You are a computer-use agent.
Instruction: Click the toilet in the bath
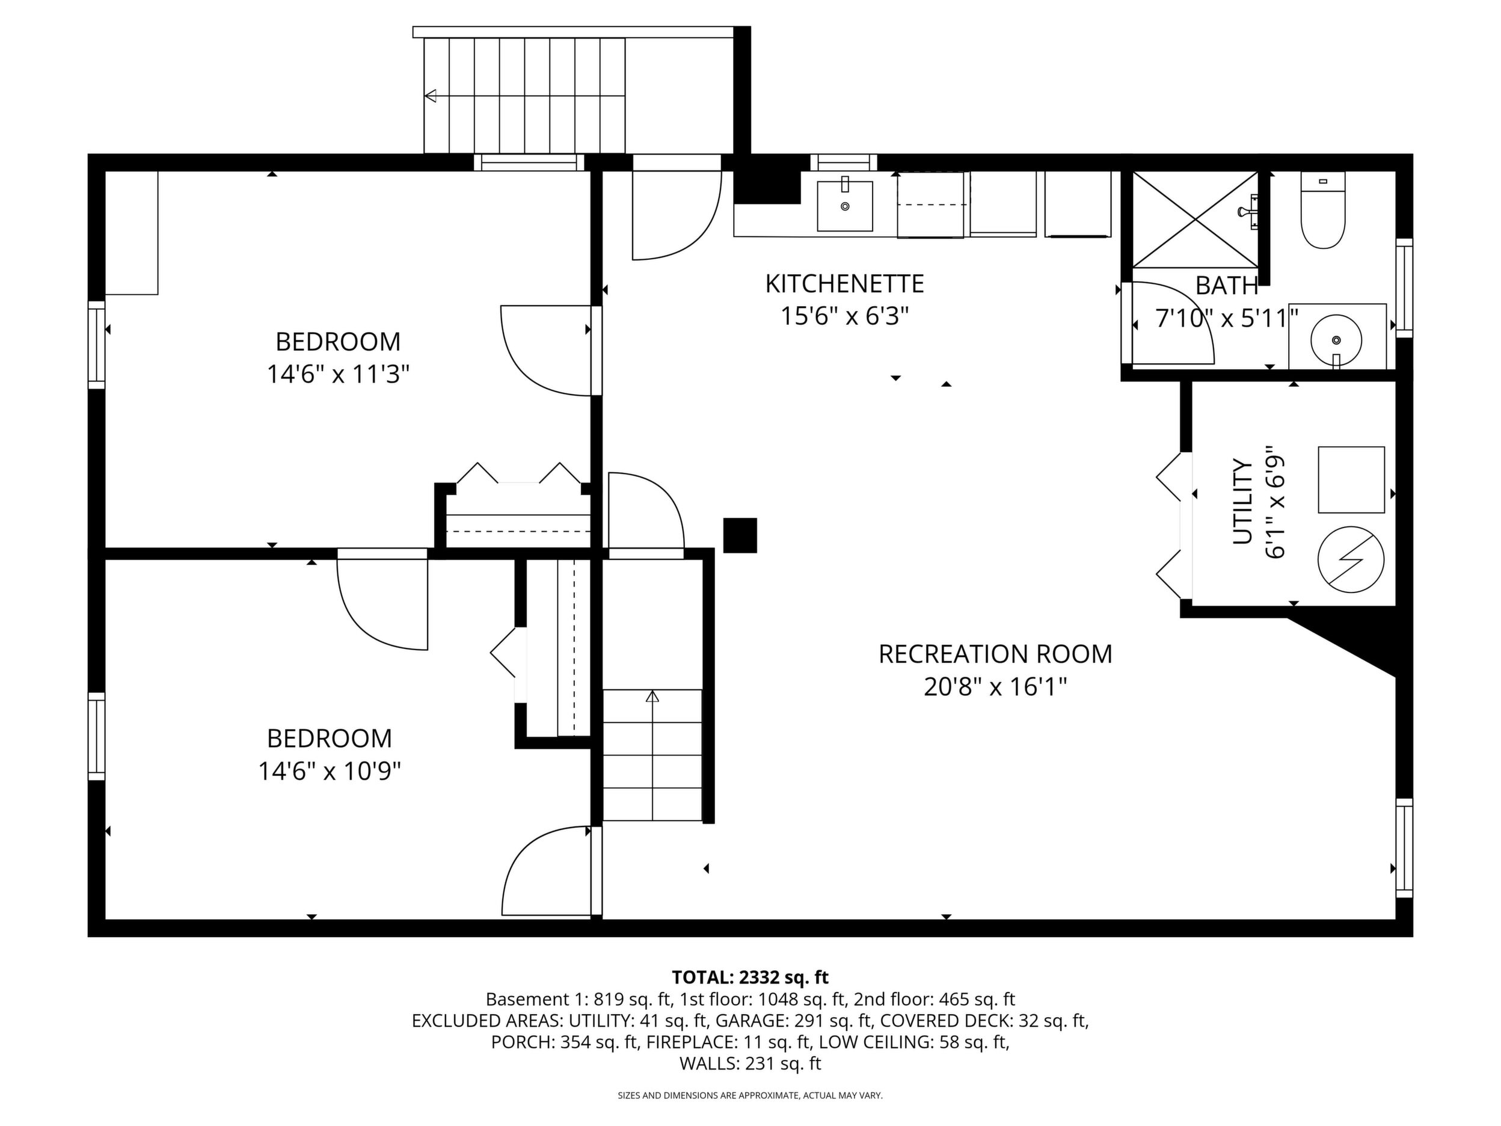coord(1322,210)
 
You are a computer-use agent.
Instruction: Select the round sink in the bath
coord(1336,339)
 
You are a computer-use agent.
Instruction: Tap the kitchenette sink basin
coord(845,206)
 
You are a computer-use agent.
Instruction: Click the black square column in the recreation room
coord(740,535)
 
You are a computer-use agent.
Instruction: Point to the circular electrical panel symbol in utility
coord(1350,560)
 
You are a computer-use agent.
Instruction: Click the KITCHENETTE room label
coord(845,284)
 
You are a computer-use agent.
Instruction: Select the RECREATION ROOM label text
coord(995,654)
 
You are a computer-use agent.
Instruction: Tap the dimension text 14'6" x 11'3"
coord(338,374)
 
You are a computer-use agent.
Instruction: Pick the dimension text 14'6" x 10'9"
coord(330,771)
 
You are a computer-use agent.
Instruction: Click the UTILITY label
coord(1242,502)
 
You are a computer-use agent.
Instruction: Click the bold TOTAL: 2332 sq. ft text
coord(750,977)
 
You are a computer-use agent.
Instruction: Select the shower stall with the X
coord(1196,219)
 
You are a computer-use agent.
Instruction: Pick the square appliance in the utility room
coord(1351,480)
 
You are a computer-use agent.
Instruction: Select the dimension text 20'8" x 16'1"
coord(995,687)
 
